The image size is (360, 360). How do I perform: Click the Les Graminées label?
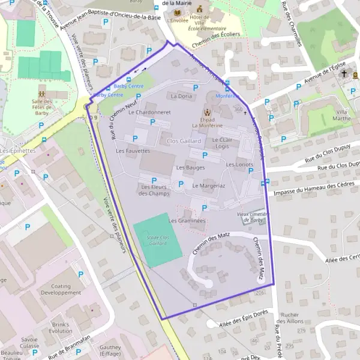click(187, 221)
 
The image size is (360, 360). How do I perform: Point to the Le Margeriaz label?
click(208, 186)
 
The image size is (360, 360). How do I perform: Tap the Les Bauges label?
click(191, 167)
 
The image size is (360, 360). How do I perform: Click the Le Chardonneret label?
click(149, 112)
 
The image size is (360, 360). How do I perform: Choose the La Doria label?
click(181, 96)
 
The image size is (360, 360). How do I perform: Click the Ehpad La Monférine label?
click(207, 122)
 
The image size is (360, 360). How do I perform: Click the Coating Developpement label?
click(61, 289)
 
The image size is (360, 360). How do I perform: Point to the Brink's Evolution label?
click(61, 328)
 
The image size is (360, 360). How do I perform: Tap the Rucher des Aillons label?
click(290, 318)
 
